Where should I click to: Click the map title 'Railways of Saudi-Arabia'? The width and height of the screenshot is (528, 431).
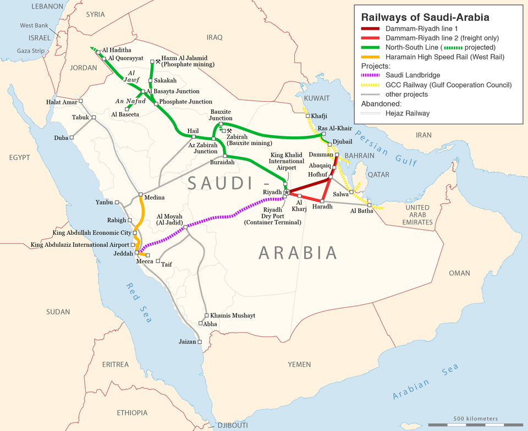click(425, 18)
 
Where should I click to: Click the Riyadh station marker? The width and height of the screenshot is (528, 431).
click(286, 192)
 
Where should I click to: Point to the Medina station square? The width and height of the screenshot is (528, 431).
click(141, 195)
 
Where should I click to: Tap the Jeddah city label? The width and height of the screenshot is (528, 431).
click(123, 254)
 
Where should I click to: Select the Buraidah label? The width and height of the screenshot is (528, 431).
click(222, 163)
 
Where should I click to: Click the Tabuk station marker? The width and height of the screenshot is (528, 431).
click(94, 117)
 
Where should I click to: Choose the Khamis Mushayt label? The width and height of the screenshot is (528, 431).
click(232, 316)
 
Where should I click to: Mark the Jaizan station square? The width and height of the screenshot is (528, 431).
click(200, 342)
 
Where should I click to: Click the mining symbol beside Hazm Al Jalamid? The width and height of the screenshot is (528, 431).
click(158, 62)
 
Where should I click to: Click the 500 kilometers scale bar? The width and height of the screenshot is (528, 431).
click(475, 424)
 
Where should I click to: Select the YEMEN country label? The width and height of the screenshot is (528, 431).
click(299, 364)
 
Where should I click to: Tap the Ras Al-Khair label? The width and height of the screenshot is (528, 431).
click(335, 128)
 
